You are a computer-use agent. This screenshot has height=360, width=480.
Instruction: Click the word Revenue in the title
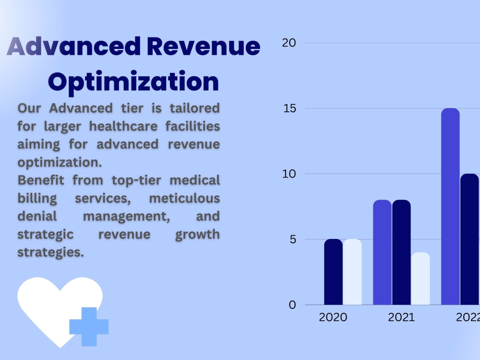coord(204,47)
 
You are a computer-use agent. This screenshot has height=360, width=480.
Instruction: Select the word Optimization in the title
coord(133,82)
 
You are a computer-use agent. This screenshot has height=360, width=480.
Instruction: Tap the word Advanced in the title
coord(74,47)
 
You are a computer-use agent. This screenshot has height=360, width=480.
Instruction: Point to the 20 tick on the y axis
coord(289,43)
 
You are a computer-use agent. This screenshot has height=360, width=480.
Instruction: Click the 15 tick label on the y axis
coord(289,108)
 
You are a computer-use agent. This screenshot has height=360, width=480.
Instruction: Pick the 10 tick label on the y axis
coord(289,174)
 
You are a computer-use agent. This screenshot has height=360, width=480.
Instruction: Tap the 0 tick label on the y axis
coord(292,305)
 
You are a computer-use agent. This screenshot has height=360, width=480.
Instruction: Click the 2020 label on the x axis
coord(333,317)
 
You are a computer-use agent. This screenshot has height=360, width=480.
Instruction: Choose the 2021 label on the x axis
coord(401,317)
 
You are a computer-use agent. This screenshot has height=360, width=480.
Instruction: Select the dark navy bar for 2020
coord(333,272)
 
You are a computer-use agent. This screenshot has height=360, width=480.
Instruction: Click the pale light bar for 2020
coord(352,272)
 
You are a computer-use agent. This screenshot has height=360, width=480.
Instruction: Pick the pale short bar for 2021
coord(420,279)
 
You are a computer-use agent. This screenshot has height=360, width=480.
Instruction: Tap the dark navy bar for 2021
coord(401,252)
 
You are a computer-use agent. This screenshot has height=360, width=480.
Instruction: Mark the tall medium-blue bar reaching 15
coord(450,206)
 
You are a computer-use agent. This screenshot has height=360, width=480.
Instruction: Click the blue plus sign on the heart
coord(89,326)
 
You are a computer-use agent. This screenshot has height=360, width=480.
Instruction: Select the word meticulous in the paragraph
coord(184,198)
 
